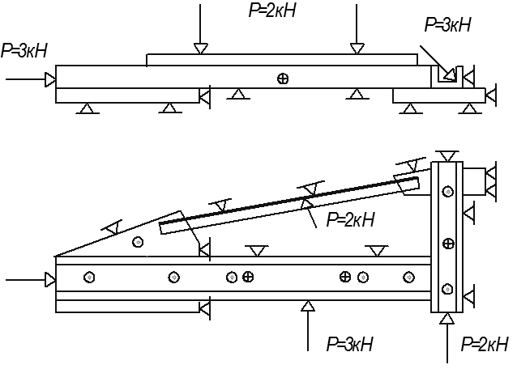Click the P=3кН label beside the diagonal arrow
(447, 25)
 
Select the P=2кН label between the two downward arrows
(272, 10)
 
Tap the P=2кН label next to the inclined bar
(350, 219)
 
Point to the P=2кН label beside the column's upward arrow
(484, 344)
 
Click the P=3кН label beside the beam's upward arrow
(349, 344)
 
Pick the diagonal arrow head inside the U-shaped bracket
(449, 74)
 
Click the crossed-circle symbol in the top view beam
(283, 78)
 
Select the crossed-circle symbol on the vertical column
(448, 244)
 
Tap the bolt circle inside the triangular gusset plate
(138, 242)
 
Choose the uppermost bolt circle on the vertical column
(447, 191)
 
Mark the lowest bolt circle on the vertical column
(447, 289)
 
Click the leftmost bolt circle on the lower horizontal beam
(89, 278)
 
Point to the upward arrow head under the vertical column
(447, 319)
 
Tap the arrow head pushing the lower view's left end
(50, 280)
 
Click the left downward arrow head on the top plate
(200, 49)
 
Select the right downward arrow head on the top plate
(357, 49)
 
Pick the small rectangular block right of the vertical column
(474, 182)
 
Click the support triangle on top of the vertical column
(447, 156)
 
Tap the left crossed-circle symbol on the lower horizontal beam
(248, 277)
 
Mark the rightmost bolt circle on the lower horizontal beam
(409, 278)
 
